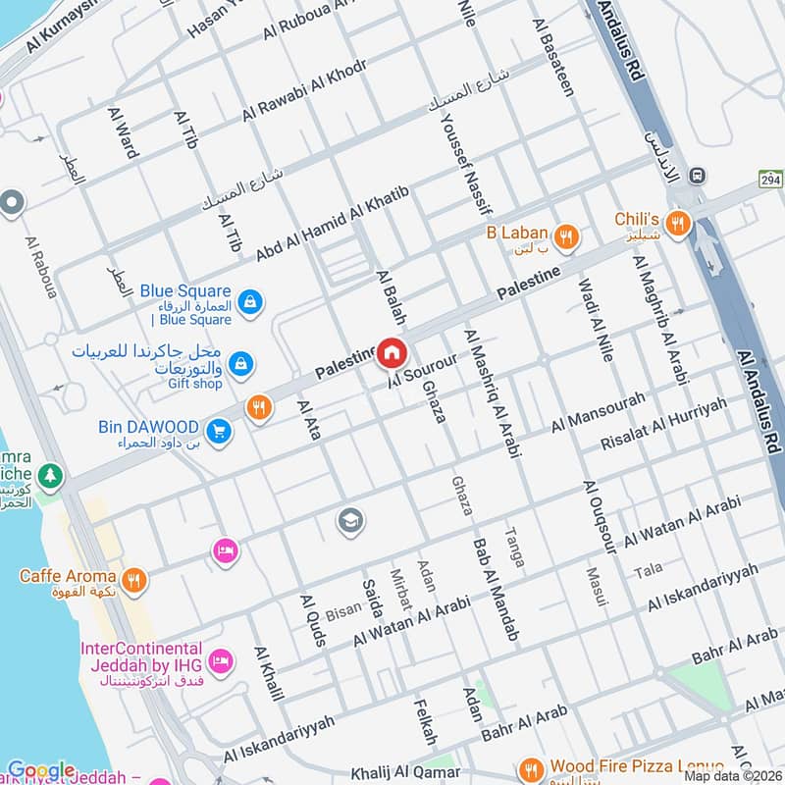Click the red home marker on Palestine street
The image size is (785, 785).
coord(392,352)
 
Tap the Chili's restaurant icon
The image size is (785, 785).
coord(677,225)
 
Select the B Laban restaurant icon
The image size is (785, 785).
coord(565,235)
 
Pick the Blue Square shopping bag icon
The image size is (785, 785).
coord(249,300)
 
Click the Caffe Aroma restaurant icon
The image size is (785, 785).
coord(135,580)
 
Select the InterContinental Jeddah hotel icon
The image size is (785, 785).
coord(222,662)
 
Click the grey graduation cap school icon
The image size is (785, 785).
coord(350,521)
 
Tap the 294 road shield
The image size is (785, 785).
coord(769,179)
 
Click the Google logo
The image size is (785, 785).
coord(40,770)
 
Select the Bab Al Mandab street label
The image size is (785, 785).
coord(497,589)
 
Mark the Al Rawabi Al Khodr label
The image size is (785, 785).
coord(304,91)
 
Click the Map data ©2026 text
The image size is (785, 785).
coord(732,775)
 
